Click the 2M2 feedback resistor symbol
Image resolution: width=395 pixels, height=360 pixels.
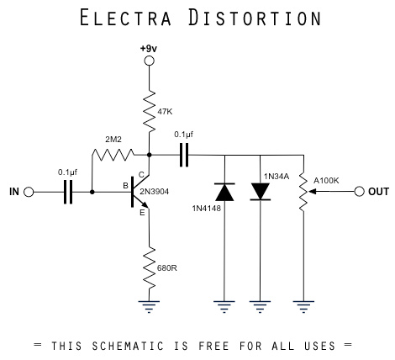click(113, 155)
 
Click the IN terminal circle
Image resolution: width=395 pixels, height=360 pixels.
click(28, 192)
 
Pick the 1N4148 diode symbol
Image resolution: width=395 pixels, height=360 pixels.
click(224, 192)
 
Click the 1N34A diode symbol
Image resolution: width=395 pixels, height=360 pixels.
click(261, 192)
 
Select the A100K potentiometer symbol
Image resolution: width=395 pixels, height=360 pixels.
click(303, 192)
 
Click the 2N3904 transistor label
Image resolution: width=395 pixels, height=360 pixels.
click(176, 192)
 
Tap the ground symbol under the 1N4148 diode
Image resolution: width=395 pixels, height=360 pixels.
click(224, 308)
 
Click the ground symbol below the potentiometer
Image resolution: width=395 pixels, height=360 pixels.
click(303, 308)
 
